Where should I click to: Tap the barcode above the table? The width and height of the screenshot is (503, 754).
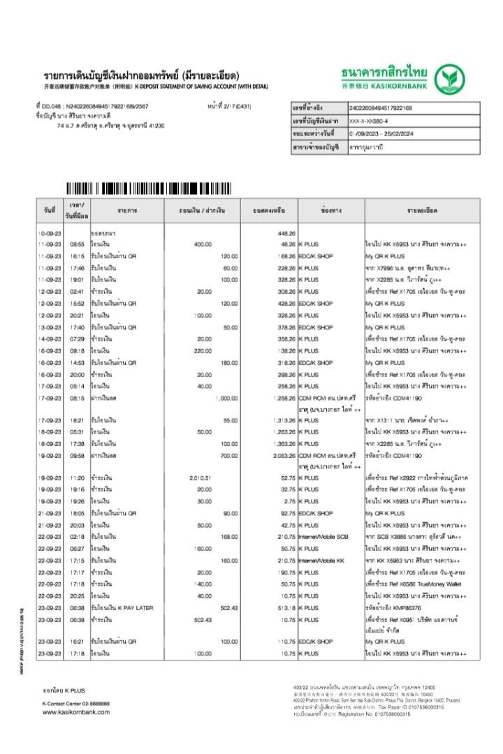pyautogui.click(x=148, y=188)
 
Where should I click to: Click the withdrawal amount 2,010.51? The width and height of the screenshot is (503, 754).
pyautogui.click(x=200, y=478)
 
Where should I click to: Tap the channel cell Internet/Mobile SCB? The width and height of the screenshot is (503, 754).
pyautogui.click(x=323, y=537)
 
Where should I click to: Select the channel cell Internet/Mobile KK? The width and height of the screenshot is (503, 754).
pyautogui.click(x=321, y=560)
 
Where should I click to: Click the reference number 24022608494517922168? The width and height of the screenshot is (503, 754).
pyautogui.click(x=380, y=108)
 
